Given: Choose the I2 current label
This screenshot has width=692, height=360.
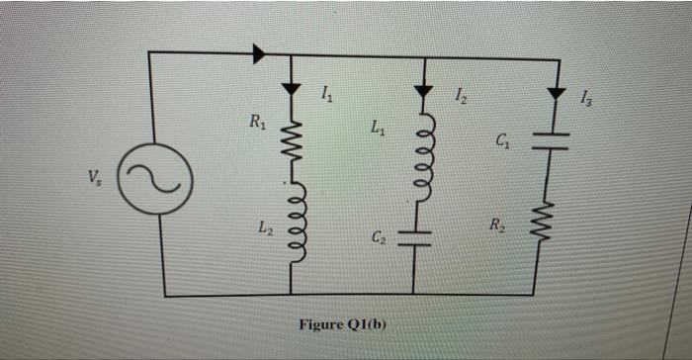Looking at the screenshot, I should [461, 95].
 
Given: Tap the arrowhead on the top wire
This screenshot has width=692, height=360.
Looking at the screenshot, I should [259, 53].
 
